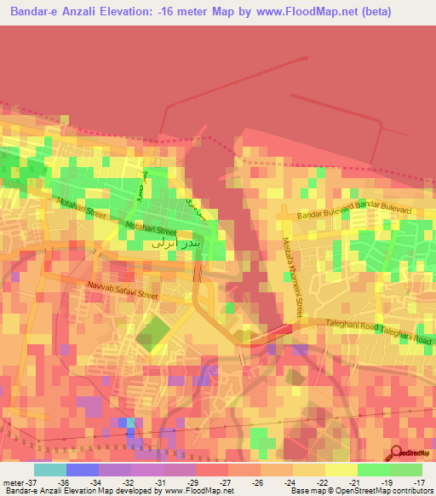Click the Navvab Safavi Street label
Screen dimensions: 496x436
pyautogui.click(x=123, y=291)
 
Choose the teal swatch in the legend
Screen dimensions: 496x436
pyautogui.click(x=50, y=470)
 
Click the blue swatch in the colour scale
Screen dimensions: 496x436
pyautogui.click(x=83, y=470)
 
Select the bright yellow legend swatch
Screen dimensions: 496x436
pyautogui.click(x=341, y=470)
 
